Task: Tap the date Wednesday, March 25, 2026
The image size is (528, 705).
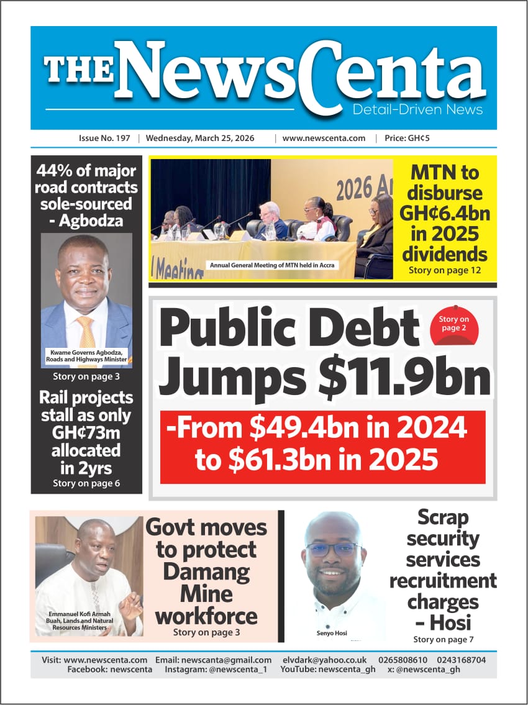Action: click(x=200, y=138)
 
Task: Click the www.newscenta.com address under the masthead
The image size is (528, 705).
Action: click(x=324, y=138)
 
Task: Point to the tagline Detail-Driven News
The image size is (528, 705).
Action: click(x=417, y=110)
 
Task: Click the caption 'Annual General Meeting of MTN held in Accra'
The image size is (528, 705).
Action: click(x=272, y=265)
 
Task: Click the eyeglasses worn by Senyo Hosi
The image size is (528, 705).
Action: click(x=333, y=549)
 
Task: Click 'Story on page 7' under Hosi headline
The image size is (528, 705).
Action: click(x=444, y=639)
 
